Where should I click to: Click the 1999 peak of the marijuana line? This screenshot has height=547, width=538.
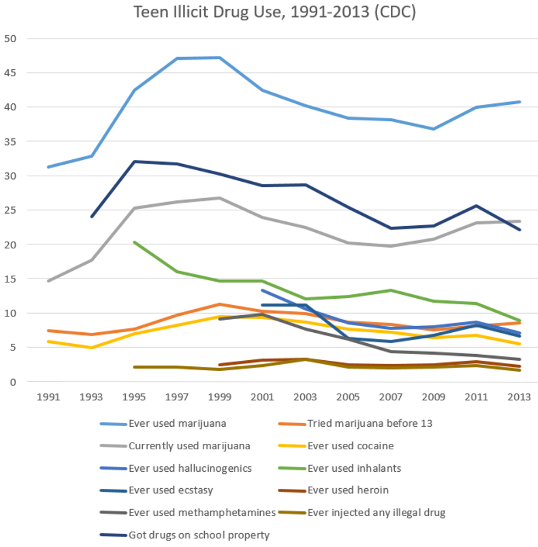[220, 57]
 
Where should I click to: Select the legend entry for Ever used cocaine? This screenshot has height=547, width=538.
[350, 445]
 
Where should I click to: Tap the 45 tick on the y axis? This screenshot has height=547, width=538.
[11, 72]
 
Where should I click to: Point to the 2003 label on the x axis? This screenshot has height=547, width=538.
[305, 397]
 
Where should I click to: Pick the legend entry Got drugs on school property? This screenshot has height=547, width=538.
[199, 534]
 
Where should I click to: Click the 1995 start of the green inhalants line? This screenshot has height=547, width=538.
[134, 242]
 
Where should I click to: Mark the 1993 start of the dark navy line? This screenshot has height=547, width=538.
[92, 216]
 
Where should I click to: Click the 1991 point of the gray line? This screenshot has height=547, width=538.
[49, 281]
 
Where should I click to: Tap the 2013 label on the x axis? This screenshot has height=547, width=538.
[519, 397]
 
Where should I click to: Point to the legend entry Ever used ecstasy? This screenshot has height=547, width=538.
[170, 490]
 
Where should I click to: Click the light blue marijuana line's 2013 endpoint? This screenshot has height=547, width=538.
[519, 102]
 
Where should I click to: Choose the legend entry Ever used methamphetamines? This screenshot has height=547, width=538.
[201, 512]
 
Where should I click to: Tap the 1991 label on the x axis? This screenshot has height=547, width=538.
[49, 397]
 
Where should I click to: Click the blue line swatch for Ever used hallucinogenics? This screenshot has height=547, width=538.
[112, 468]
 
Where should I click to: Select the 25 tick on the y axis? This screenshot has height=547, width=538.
[11, 210]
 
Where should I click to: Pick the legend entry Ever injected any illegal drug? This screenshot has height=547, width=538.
[376, 512]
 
